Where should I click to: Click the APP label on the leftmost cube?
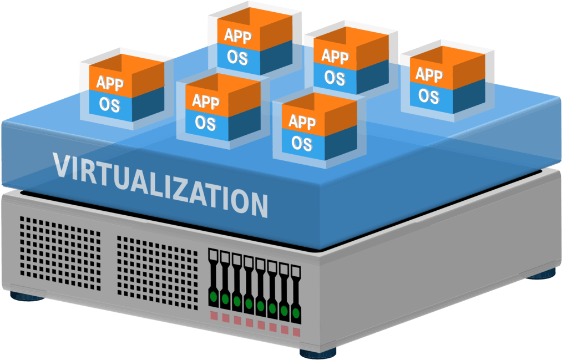[x=110, y=83]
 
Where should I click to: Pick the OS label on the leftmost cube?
[x=109, y=105]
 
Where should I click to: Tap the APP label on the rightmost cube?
[x=429, y=75]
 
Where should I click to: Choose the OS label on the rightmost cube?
[x=429, y=96]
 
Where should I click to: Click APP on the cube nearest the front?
[x=302, y=122]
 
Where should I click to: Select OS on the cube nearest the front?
[x=302, y=143]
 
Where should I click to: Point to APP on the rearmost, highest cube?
[x=238, y=36]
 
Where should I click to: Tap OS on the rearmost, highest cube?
[x=237, y=57]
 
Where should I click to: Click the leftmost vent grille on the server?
[x=60, y=253]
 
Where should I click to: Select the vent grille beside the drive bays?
[x=158, y=272]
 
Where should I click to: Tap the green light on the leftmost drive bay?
[x=214, y=296]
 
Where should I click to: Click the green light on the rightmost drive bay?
[x=296, y=313]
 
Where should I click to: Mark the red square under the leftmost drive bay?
[x=214, y=316]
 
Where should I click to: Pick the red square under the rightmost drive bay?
[x=296, y=332]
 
